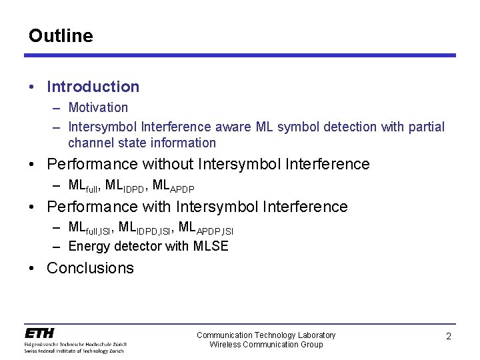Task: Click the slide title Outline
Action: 61,36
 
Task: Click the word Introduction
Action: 93,87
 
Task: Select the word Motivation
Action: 98,107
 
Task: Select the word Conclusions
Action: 90,268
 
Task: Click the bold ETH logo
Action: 40,333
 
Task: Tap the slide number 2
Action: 448,337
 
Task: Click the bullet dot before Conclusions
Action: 32,268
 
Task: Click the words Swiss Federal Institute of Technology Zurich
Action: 75,350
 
